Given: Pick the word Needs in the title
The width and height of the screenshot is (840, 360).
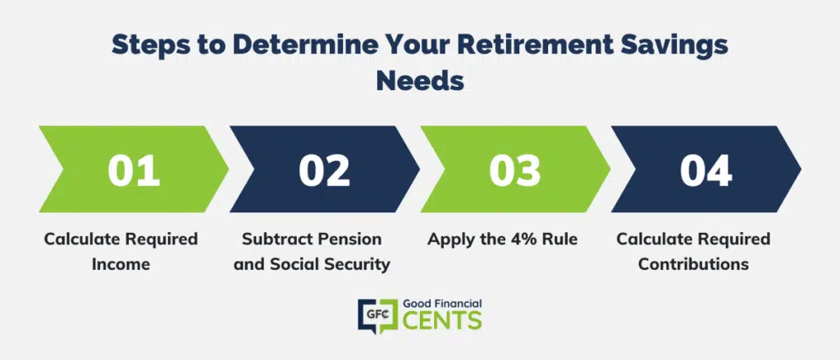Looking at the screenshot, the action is click(x=420, y=81).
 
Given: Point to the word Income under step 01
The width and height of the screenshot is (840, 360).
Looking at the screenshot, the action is click(x=121, y=264).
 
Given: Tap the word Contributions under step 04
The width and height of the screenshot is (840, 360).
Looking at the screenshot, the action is click(x=694, y=264).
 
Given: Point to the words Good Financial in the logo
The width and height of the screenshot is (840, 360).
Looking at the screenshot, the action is click(x=442, y=303).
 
